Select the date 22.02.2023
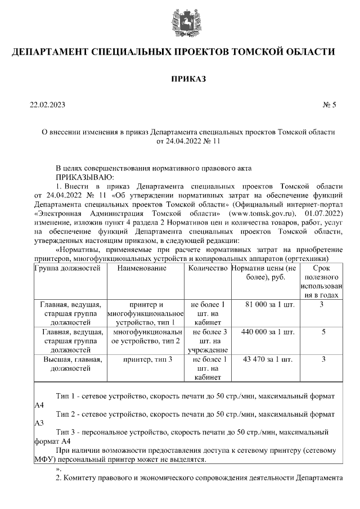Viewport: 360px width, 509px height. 48,105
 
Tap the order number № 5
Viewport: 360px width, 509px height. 329,105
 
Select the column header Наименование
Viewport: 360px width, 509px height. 142,269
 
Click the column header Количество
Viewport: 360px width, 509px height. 208,269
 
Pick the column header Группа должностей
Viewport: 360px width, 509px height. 67,269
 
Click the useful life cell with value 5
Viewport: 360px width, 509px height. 323,332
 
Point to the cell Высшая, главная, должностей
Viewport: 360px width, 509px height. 72,364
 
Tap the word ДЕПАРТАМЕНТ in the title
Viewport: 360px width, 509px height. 58,53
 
